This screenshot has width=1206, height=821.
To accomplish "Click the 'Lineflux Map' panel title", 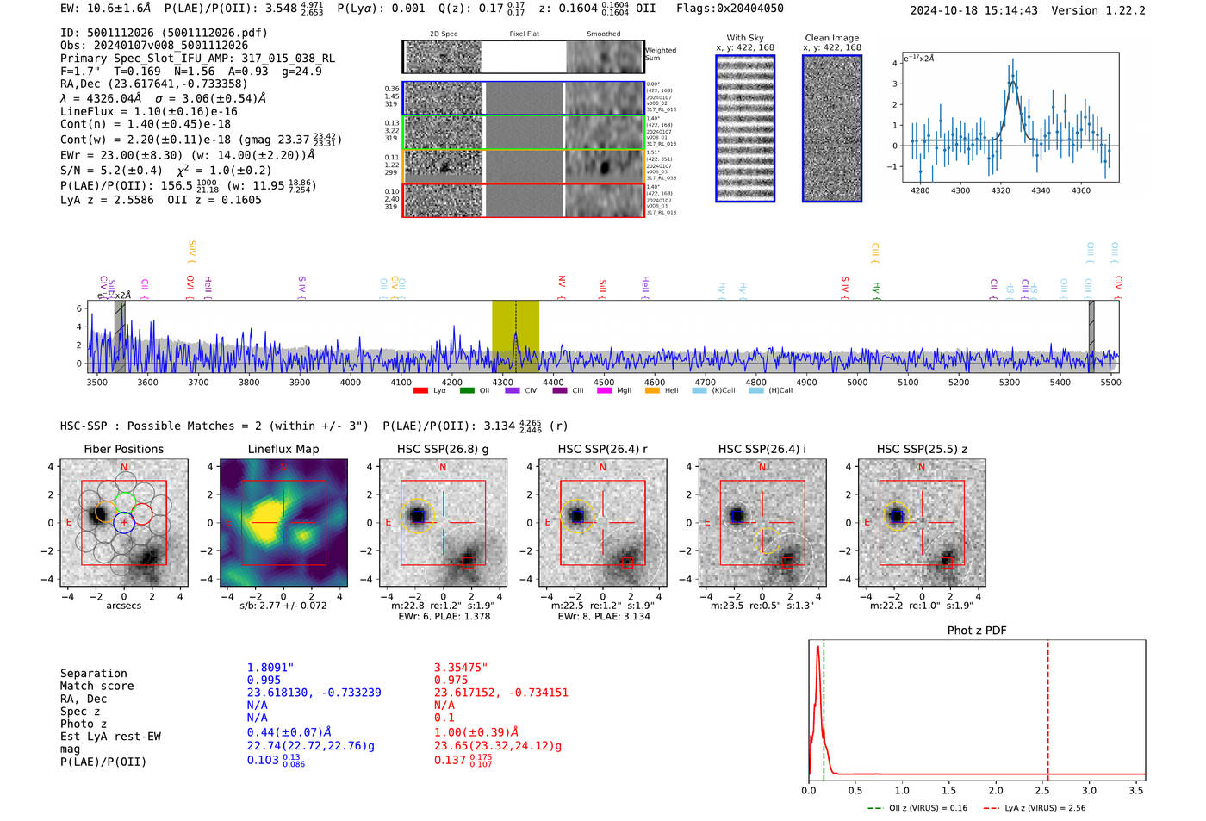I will (283, 449).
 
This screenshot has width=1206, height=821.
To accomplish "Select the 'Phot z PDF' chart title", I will (977, 631).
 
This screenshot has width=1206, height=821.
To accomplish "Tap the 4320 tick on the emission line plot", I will (1000, 190).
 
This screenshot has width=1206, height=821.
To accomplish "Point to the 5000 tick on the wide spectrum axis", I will (857, 382).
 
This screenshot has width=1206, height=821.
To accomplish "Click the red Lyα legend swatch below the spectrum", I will (420, 390).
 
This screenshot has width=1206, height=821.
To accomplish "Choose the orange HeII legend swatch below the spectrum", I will (652, 390).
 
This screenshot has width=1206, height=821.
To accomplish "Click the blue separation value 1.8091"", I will (270, 668).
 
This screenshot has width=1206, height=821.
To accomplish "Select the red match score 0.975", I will (451, 681).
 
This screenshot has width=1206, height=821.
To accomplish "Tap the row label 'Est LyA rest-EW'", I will (110, 737).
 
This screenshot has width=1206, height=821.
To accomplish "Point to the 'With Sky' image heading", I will (745, 38).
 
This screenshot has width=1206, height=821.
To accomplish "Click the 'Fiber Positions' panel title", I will (123, 449).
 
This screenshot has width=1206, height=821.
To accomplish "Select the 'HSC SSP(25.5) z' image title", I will (922, 449).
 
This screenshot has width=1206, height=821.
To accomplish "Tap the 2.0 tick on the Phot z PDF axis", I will (996, 790).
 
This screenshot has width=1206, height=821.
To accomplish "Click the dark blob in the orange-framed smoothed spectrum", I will (605, 166).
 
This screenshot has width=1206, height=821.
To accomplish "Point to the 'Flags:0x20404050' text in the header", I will (730, 9).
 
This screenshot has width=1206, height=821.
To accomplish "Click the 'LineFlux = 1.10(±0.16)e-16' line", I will (148, 111).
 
